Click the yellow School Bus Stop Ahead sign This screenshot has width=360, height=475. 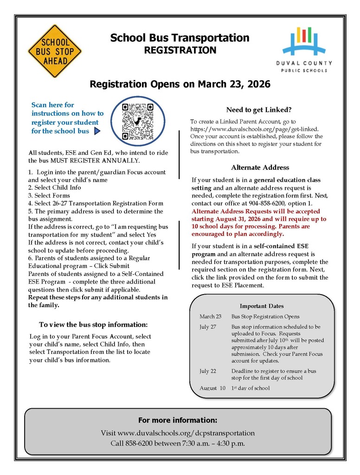(55, 51)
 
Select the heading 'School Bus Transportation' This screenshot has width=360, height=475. (180, 38)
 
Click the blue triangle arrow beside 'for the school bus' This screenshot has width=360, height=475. (97, 131)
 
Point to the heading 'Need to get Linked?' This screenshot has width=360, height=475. (259, 110)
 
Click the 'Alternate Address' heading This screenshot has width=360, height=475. (260, 167)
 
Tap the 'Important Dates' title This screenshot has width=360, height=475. (262, 306)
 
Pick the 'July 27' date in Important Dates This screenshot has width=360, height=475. (208, 327)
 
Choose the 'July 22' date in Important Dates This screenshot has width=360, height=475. (208, 371)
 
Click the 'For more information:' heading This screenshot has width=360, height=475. (178, 420)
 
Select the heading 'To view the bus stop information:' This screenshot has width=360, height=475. (93, 324)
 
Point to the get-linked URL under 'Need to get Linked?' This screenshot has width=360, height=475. (254, 128)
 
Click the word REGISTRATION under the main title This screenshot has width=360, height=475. (180, 50)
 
